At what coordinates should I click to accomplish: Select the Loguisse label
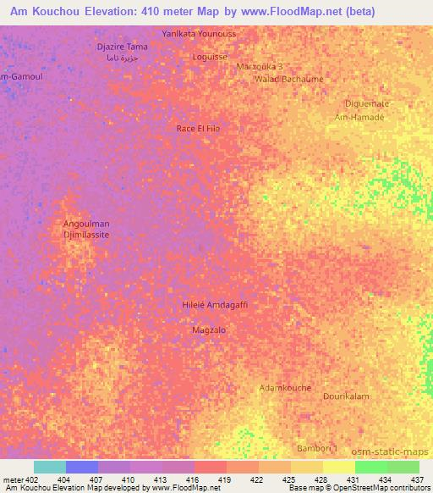point(210,56)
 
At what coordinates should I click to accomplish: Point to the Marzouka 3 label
point(260,66)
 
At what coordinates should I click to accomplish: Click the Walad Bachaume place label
point(288,79)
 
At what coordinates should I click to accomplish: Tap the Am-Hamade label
point(359,117)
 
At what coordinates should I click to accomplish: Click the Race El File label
point(198,128)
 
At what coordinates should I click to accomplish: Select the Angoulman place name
point(87,224)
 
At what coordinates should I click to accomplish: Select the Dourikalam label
point(346,396)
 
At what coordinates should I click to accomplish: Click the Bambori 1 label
point(316,447)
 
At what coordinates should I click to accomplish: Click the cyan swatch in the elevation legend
point(50,467)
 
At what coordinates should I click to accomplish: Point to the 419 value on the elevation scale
point(227,479)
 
